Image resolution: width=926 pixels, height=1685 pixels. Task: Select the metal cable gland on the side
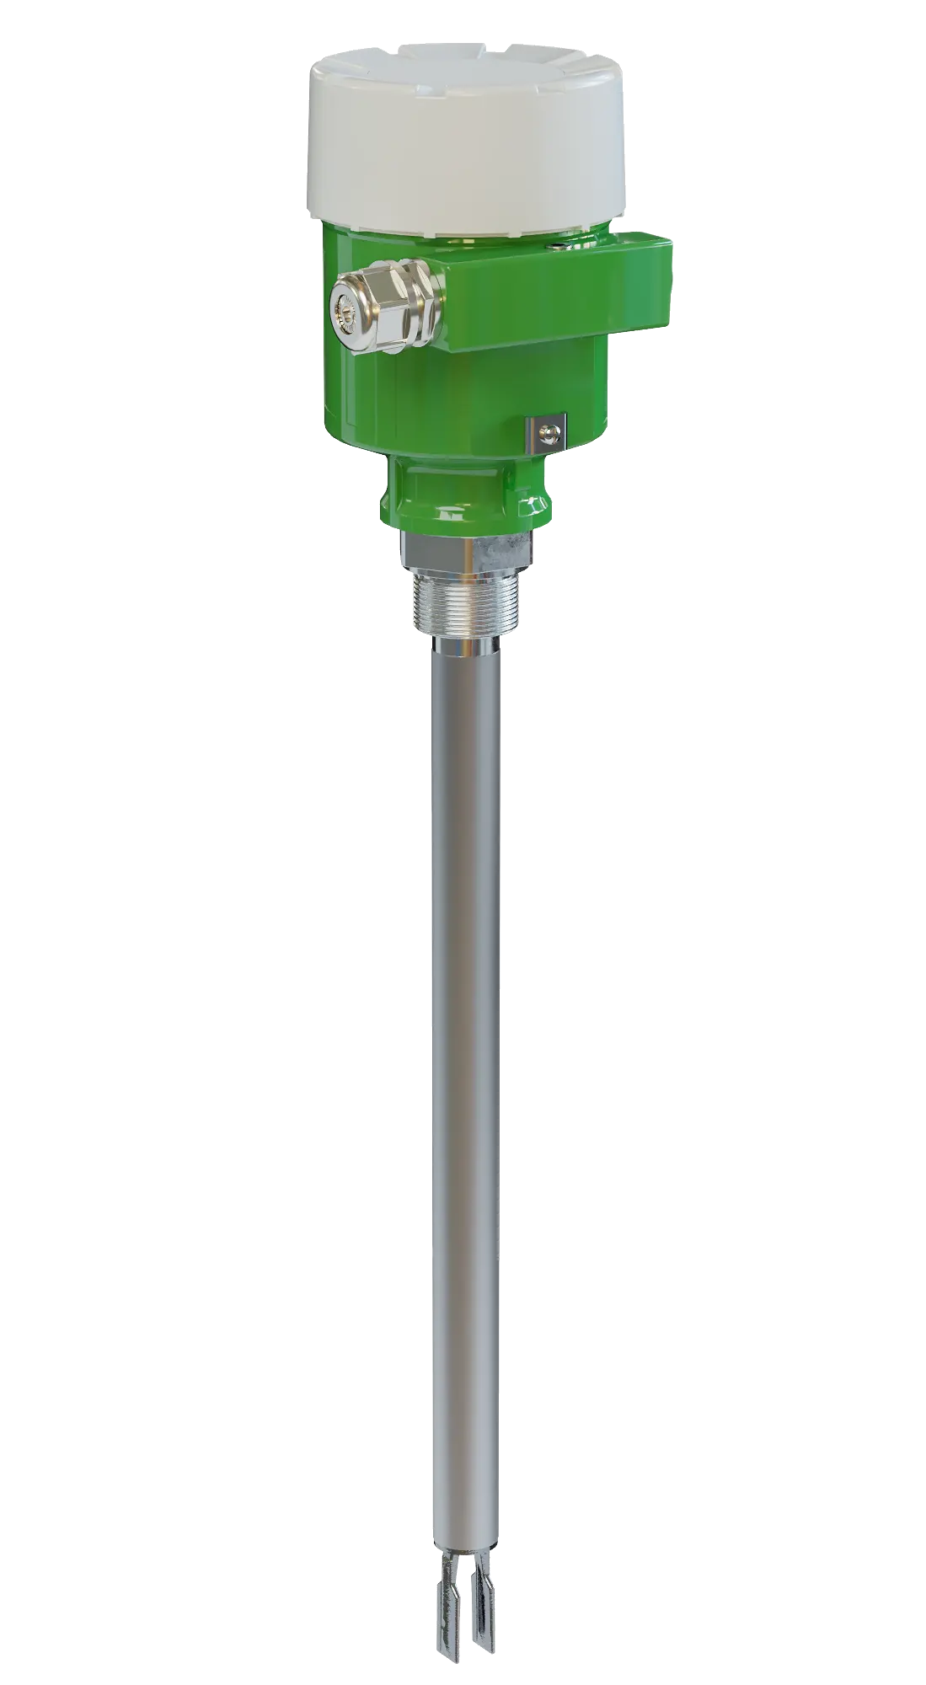coord(383,308)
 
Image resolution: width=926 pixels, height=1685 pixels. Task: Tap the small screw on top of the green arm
coord(558,245)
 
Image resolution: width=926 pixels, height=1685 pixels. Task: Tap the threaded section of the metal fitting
coord(467,602)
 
